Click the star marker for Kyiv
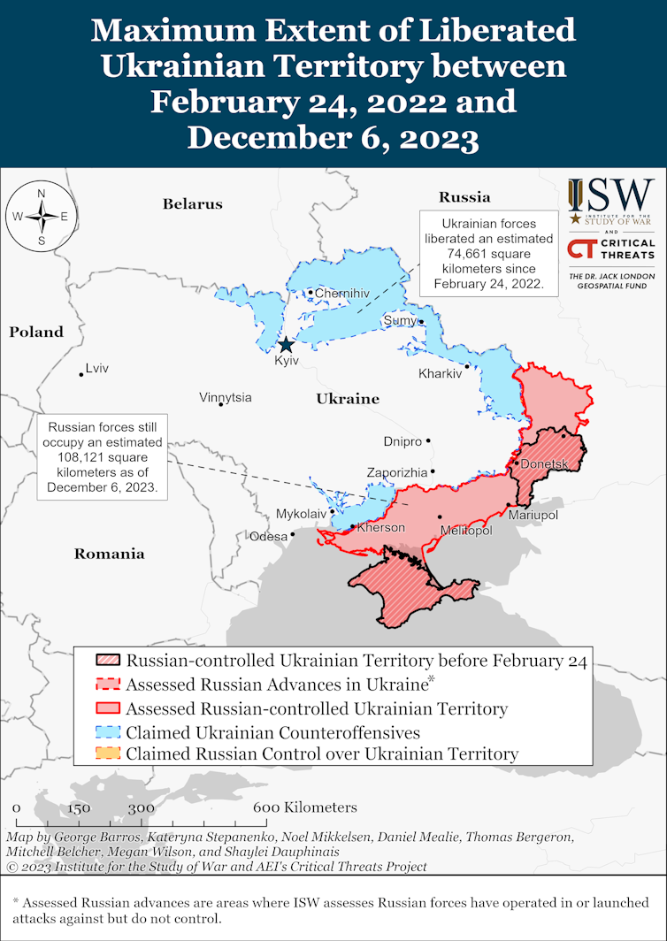click(x=286, y=346)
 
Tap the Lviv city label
click(x=96, y=368)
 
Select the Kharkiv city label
click(x=441, y=374)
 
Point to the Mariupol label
click(x=532, y=515)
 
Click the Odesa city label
click(x=268, y=536)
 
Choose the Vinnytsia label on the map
click(x=226, y=397)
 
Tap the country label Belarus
click(x=192, y=204)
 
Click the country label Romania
click(x=109, y=555)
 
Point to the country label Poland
click(x=36, y=333)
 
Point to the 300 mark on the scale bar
click(x=141, y=808)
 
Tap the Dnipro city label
click(x=402, y=440)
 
